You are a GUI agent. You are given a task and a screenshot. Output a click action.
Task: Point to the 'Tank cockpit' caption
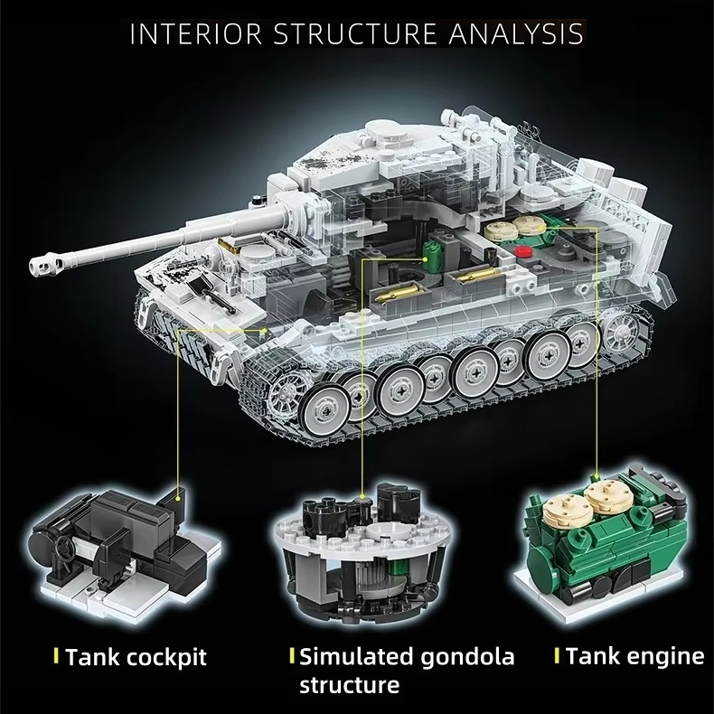(136, 657)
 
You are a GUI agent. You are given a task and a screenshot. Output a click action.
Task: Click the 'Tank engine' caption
(634, 655)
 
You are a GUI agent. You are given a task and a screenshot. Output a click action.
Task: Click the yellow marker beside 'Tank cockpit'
(57, 656)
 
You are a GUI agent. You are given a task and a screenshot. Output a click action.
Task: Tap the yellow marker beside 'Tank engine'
(558, 655)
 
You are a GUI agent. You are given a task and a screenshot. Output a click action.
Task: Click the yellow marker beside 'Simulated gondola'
(291, 655)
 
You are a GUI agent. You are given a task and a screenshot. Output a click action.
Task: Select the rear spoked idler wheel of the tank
(620, 332)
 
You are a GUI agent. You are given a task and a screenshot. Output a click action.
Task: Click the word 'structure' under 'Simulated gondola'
(349, 685)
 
